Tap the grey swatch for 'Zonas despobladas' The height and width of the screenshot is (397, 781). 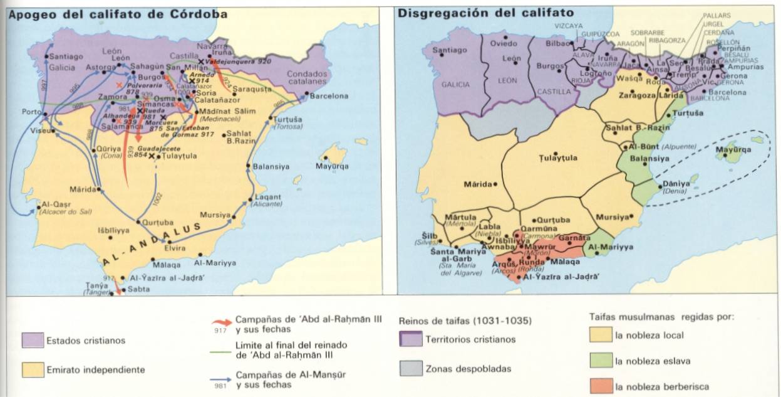pos(410,368)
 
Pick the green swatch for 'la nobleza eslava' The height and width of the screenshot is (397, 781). pos(600,361)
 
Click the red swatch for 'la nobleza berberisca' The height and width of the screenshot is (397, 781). pos(600,386)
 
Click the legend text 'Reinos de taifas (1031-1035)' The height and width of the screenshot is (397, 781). pos(465,321)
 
